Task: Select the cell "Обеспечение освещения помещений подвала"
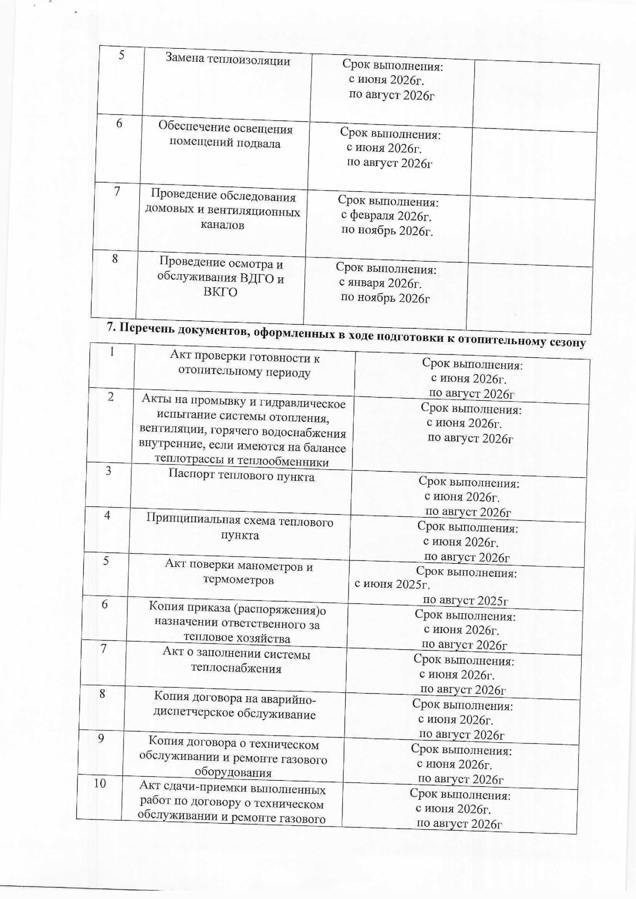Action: click(225, 136)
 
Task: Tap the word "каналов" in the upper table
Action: click(222, 225)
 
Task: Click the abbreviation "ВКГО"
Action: click(220, 292)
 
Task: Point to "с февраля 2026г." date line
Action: click(386, 216)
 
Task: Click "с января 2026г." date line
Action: click(380, 283)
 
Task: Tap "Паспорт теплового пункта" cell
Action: click(241, 477)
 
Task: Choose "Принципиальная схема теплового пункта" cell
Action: click(240, 528)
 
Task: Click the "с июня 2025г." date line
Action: click(392, 585)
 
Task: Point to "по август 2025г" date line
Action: click(465, 600)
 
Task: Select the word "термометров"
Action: click(238, 580)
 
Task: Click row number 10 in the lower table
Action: click(100, 783)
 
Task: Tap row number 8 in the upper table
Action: click(115, 258)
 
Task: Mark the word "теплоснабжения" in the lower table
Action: click(236, 668)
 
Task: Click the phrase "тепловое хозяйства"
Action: click(237, 638)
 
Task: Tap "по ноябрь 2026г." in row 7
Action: click(387, 231)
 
